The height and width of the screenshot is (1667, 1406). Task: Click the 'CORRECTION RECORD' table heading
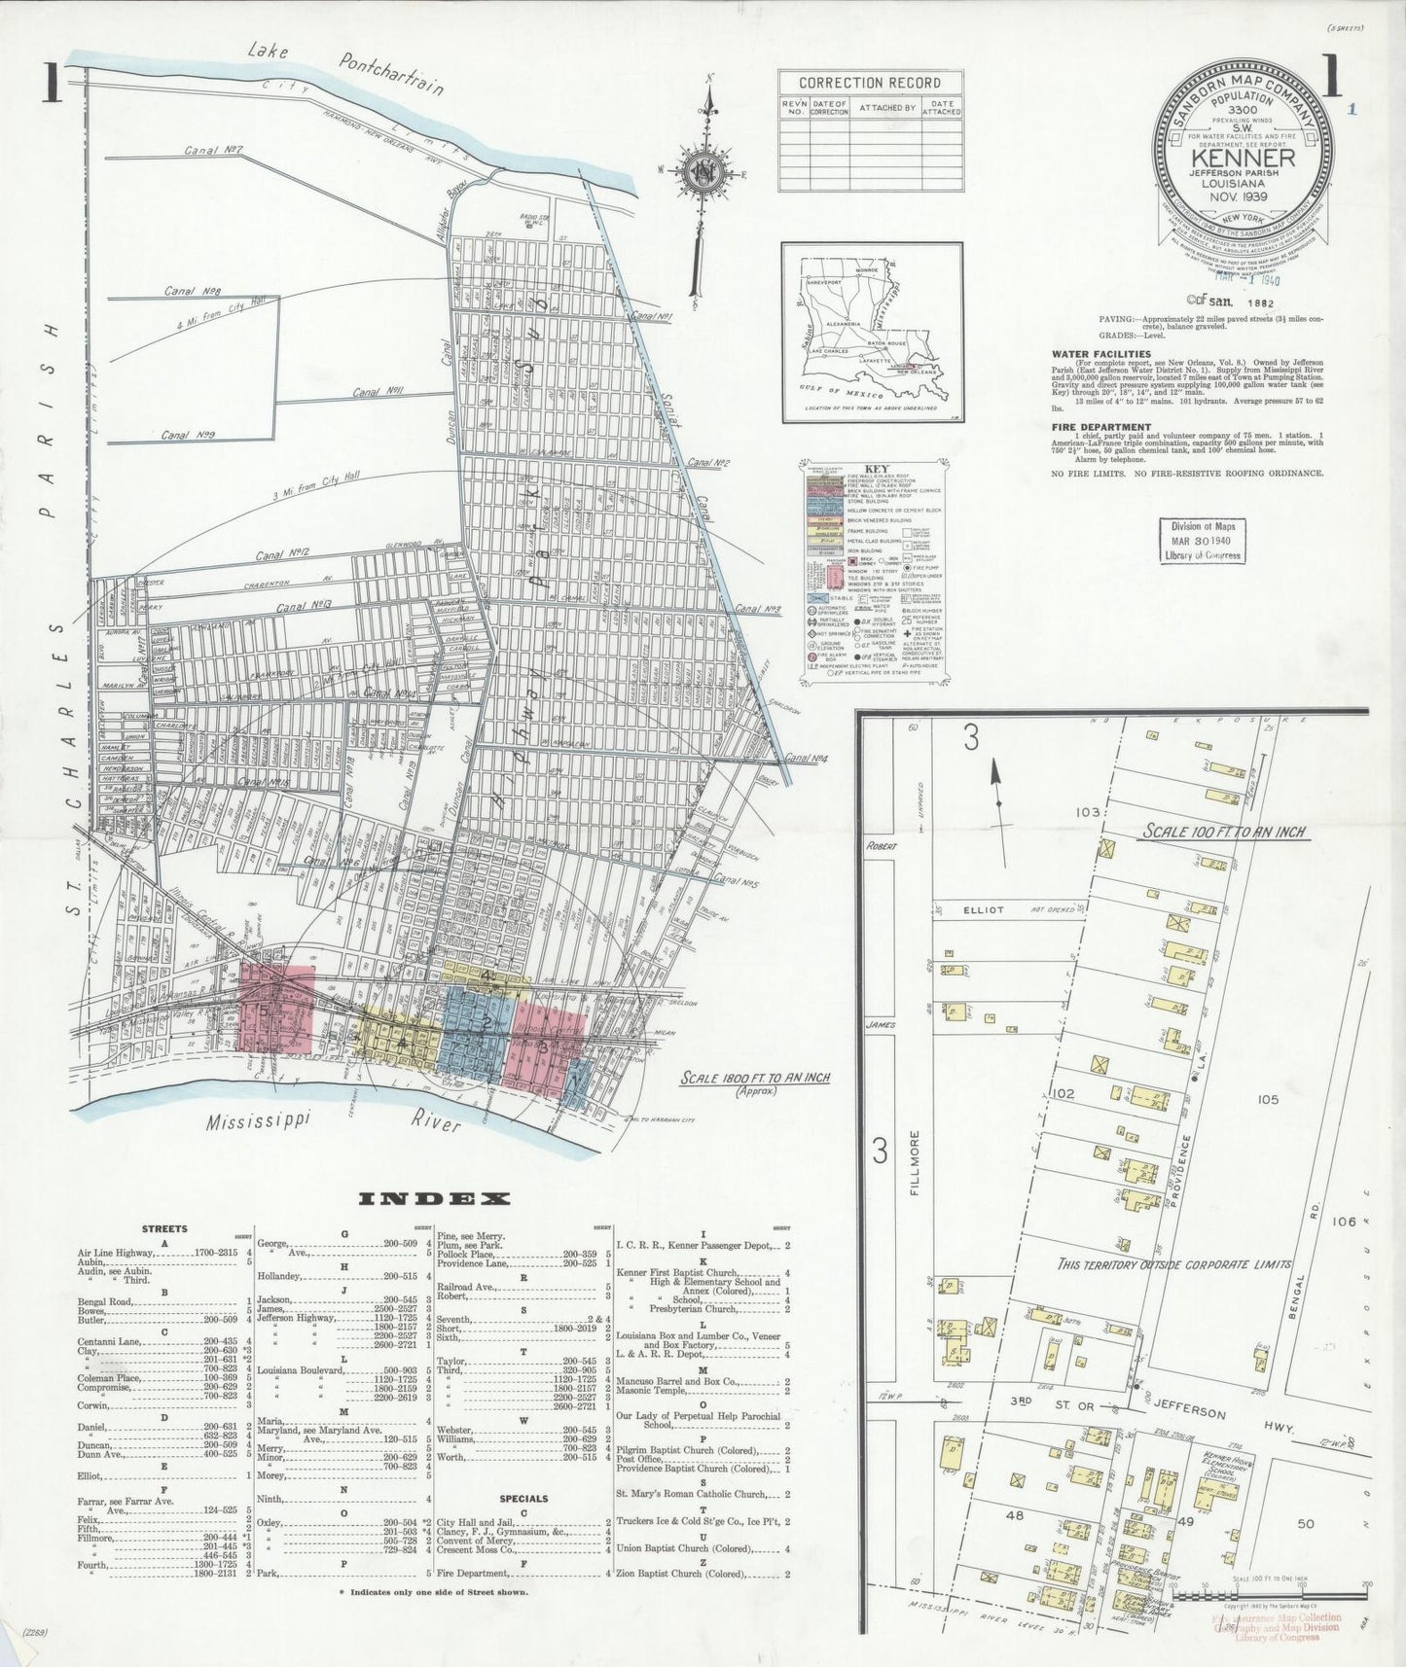(870, 83)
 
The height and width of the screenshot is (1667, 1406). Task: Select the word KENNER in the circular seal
(1243, 158)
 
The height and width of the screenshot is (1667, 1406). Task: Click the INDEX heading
(435, 1199)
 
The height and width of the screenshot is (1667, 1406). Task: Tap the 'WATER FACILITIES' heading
(1100, 354)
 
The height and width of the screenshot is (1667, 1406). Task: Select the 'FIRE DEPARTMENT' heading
(1100, 427)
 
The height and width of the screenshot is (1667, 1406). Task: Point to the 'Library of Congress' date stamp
(1203, 541)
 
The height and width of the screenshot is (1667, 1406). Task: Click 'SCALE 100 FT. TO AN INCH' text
(1223, 832)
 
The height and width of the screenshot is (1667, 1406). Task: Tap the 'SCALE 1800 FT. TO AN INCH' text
(754, 1078)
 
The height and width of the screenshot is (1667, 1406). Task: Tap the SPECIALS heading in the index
(523, 1526)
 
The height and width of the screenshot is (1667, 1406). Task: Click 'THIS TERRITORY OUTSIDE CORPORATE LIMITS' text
(1174, 1264)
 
